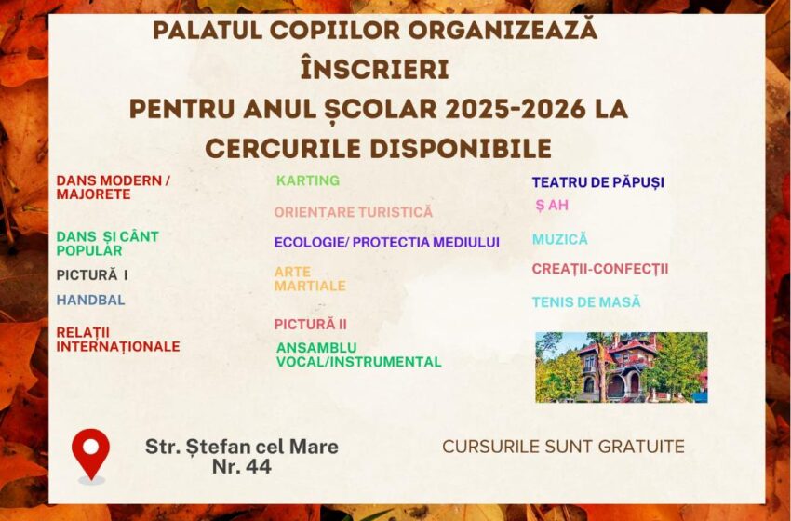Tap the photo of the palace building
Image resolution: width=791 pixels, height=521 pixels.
pos(622,367)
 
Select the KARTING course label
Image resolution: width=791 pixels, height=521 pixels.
pos(308,180)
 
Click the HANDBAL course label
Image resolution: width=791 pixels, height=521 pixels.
pos(91,301)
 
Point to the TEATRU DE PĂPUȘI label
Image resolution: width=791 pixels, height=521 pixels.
pos(597,182)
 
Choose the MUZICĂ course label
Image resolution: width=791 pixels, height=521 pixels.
pos(560,239)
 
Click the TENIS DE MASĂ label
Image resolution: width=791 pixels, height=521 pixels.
pos(586,302)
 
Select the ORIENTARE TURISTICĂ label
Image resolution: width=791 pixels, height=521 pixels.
pos(354,212)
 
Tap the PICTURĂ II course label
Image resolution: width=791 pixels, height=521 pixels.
pos(311,325)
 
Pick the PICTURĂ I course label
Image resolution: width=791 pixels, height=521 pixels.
pos(92,275)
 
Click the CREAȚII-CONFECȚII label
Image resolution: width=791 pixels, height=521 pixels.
pos(600,269)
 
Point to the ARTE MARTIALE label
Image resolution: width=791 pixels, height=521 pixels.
pos(310,279)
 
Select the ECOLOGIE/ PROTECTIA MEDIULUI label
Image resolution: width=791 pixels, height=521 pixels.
pos(387,243)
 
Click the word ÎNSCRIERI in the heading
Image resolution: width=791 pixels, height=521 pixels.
pos(375,70)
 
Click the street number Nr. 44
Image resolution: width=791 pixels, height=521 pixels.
pos(242,466)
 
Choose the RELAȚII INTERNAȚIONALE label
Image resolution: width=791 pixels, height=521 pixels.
pos(118,340)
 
